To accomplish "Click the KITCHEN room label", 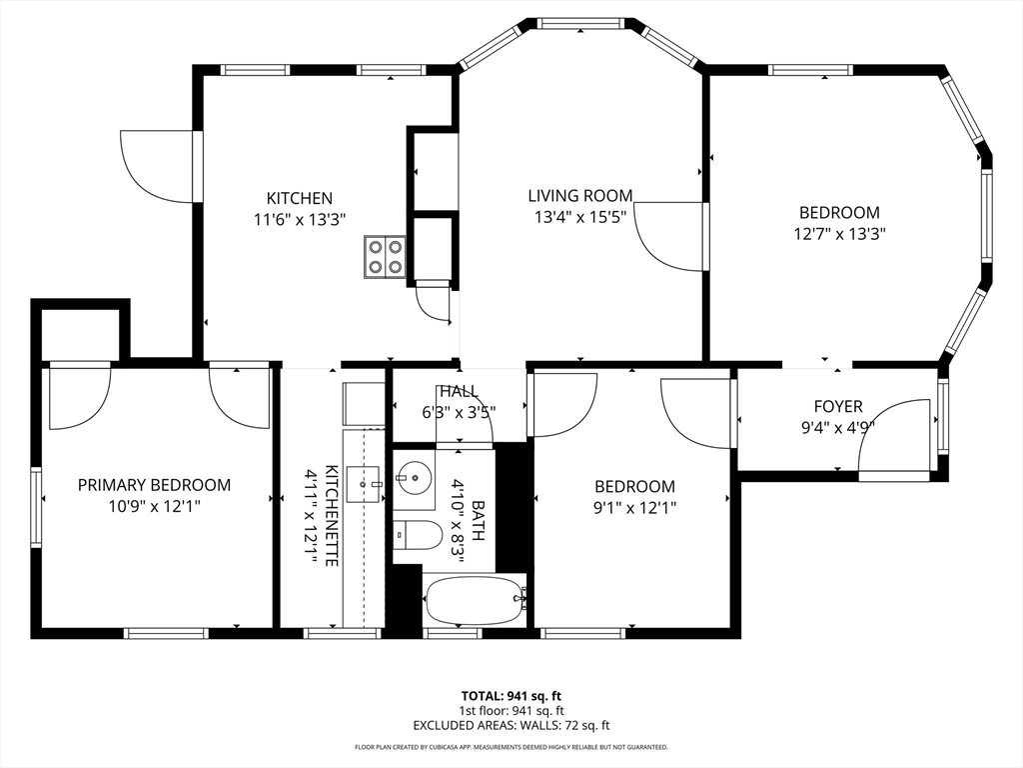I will click(299, 198).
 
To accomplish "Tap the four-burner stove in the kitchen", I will click(385, 255).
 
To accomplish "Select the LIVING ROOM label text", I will click(580, 196).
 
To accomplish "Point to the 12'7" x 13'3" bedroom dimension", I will click(839, 233).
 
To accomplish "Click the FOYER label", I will click(837, 407).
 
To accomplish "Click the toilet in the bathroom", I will click(418, 536).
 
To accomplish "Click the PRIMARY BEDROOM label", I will click(154, 485).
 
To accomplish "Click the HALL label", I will click(459, 391).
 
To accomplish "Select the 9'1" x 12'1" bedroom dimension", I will click(632, 507).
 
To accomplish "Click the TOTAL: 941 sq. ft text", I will click(511, 695).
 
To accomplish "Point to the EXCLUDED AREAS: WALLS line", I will click(511, 725).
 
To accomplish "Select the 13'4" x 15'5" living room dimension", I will click(580, 217).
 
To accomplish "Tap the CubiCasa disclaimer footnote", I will click(511, 747).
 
